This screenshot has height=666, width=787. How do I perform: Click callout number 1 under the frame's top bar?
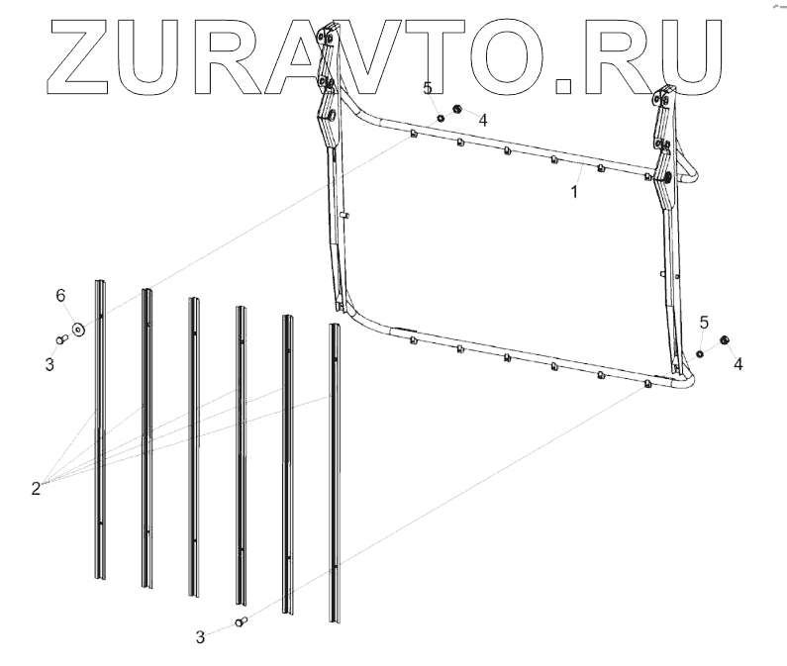coord(573,193)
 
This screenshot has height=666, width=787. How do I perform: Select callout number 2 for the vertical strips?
coord(36,488)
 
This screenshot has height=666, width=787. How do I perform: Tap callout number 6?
coord(60,296)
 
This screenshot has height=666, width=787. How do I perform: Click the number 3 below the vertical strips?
coord(200,638)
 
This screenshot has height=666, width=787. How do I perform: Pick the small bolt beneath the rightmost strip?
coord(240,621)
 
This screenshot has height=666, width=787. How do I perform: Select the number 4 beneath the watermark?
coord(482,120)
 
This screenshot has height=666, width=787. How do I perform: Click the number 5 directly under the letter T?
coord(428,89)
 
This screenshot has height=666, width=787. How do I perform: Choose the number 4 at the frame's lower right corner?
coord(738,363)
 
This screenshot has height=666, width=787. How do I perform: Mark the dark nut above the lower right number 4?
coord(724,342)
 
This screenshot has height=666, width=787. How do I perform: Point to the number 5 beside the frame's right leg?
coord(704,323)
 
